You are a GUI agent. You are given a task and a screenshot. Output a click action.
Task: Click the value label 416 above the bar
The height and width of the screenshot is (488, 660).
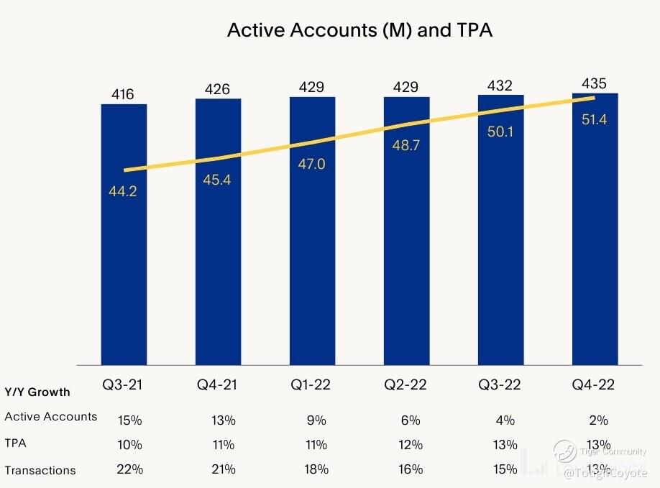123,94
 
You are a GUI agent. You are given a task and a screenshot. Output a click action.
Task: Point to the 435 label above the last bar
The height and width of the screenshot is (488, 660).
595,83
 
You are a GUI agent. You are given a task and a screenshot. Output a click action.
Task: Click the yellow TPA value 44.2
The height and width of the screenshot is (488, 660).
123,191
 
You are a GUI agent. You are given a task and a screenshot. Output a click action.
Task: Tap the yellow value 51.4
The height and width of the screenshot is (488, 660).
595,120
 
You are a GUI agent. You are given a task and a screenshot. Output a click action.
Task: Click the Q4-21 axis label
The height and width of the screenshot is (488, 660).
217,385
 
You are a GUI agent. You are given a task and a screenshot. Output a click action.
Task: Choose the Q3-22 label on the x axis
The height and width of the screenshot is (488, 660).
500,385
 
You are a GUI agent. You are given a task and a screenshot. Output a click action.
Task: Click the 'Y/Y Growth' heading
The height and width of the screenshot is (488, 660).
37,392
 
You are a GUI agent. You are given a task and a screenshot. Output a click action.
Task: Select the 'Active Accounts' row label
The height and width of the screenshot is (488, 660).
50,416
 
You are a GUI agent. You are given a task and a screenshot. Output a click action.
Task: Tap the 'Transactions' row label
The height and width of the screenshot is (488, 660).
40,470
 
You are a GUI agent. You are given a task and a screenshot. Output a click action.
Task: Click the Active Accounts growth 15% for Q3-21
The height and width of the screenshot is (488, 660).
130,420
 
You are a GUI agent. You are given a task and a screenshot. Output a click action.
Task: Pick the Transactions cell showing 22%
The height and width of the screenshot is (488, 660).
130,469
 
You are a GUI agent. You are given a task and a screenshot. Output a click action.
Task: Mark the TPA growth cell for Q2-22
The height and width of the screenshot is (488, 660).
411,444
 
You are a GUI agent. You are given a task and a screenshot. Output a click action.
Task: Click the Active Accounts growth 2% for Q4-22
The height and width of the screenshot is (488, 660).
598,420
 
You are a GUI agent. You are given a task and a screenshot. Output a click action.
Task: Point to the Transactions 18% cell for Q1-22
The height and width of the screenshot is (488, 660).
316,469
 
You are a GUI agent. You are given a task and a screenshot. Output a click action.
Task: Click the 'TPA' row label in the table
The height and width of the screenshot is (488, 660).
15,443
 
